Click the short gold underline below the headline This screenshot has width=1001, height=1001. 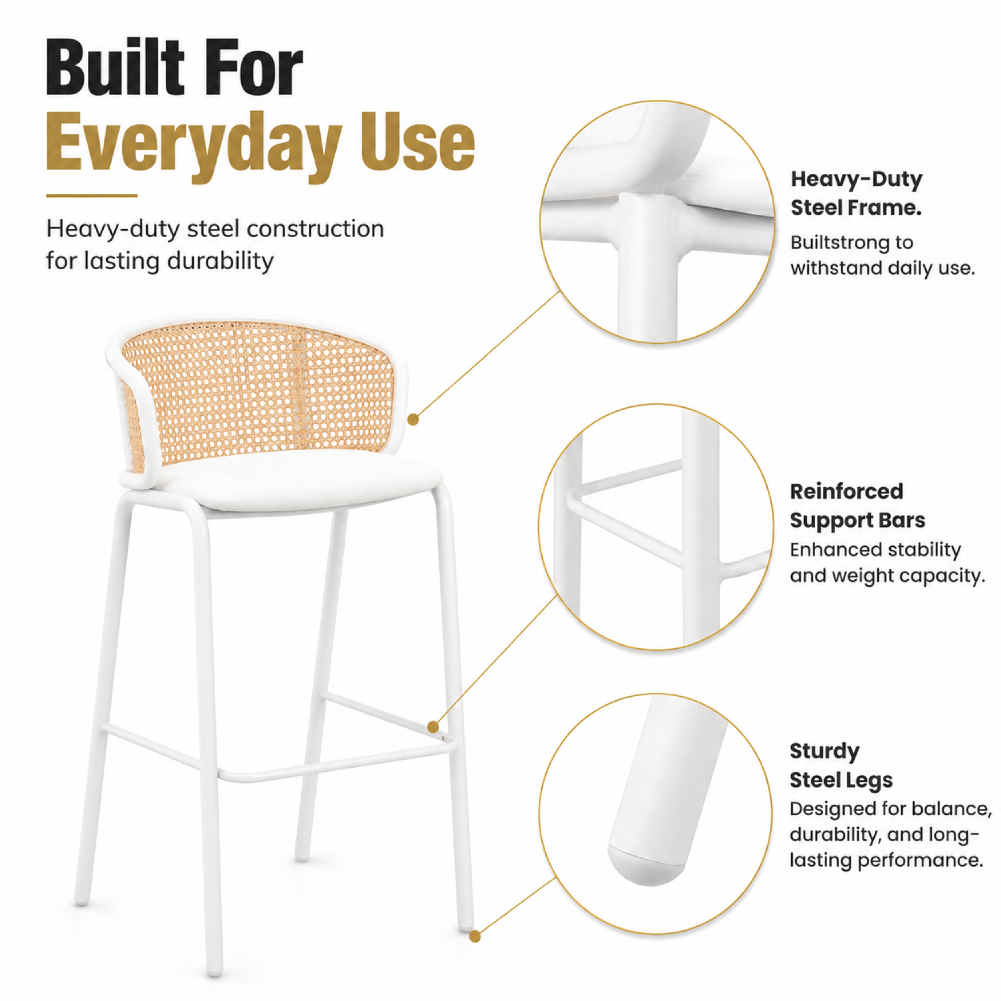pos(92,196)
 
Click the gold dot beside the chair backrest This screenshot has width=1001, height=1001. pos(413,420)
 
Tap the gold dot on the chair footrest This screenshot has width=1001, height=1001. pos(433,727)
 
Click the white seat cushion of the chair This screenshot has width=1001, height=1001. pos(290,479)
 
